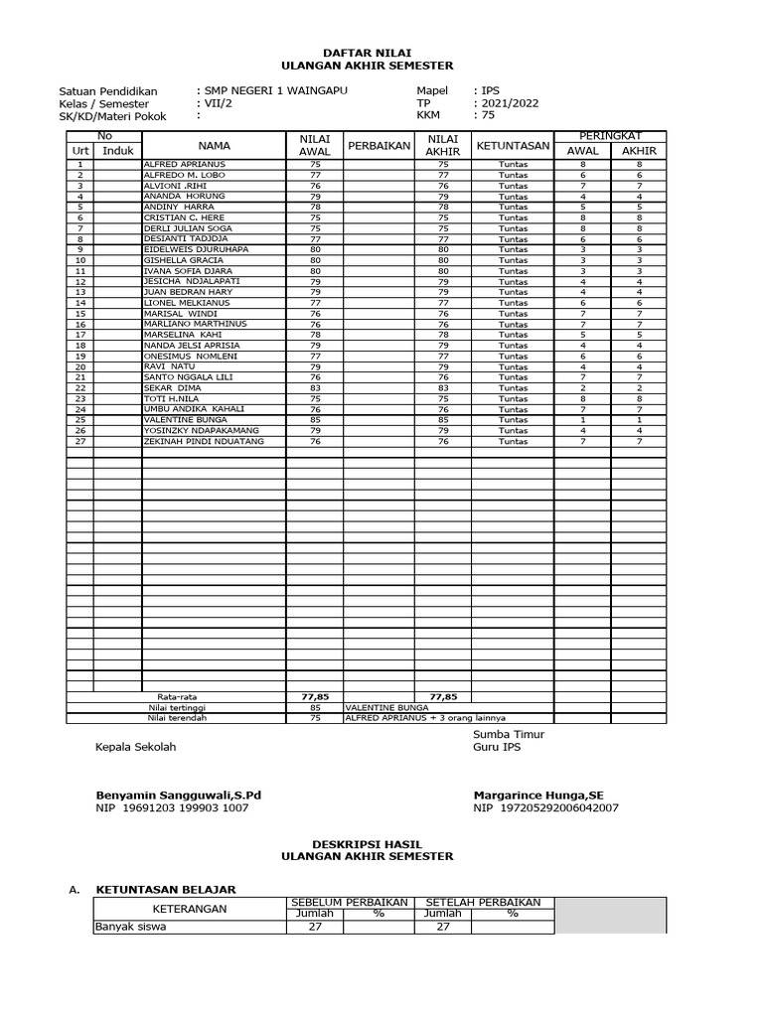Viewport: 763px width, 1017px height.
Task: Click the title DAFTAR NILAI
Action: coord(367,52)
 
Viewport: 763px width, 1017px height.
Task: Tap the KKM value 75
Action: coord(488,115)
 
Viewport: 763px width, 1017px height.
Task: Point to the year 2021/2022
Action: coord(509,103)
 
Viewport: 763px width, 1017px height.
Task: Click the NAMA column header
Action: coord(214,145)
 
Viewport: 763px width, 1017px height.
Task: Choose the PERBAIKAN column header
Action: coord(379,146)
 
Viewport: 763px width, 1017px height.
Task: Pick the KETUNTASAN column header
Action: coord(513,145)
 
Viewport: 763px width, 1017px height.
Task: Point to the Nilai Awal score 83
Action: coord(315,388)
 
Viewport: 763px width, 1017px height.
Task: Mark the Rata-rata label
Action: coord(176,697)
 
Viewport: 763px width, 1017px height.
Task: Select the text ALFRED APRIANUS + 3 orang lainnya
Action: coord(425,718)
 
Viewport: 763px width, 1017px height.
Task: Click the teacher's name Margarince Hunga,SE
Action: coord(538,795)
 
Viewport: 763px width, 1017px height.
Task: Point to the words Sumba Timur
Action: coord(508,734)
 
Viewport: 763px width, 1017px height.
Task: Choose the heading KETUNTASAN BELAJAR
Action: coord(165,890)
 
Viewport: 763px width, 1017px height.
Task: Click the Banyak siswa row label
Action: coord(132,927)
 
